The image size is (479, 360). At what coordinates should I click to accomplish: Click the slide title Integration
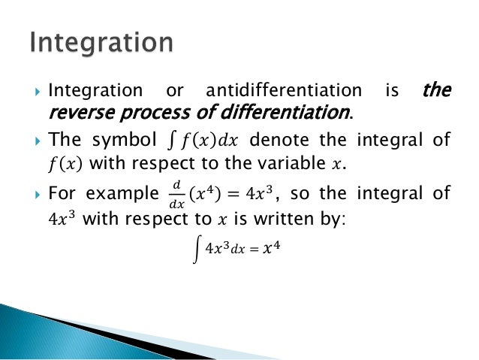pyautogui.click(x=101, y=42)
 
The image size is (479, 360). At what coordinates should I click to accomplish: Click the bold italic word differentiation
pyautogui.click(x=277, y=113)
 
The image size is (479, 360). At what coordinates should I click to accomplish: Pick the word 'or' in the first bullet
pyautogui.click(x=174, y=91)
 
